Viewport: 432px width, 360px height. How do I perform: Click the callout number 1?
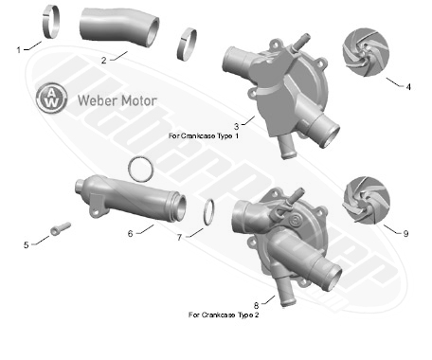[19, 50]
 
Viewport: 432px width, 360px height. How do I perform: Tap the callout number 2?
[104, 61]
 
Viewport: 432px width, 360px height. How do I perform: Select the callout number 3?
[236, 127]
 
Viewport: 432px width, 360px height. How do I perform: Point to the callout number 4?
[408, 86]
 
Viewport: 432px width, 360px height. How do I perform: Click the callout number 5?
[27, 245]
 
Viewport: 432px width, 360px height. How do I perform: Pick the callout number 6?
[131, 234]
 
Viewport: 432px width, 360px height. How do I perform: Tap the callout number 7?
[179, 238]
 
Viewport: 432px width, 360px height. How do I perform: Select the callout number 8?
[256, 306]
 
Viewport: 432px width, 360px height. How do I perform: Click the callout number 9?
[405, 234]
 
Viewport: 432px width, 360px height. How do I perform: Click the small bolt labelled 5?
[61, 228]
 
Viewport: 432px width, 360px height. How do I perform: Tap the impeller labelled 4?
[366, 52]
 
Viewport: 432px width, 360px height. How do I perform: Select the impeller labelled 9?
[367, 200]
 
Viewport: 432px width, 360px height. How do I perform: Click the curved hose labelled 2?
[119, 27]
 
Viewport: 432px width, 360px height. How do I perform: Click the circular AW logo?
[51, 99]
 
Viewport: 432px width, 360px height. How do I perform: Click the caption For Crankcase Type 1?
[204, 136]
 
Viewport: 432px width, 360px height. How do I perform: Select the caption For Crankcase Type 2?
[224, 315]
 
